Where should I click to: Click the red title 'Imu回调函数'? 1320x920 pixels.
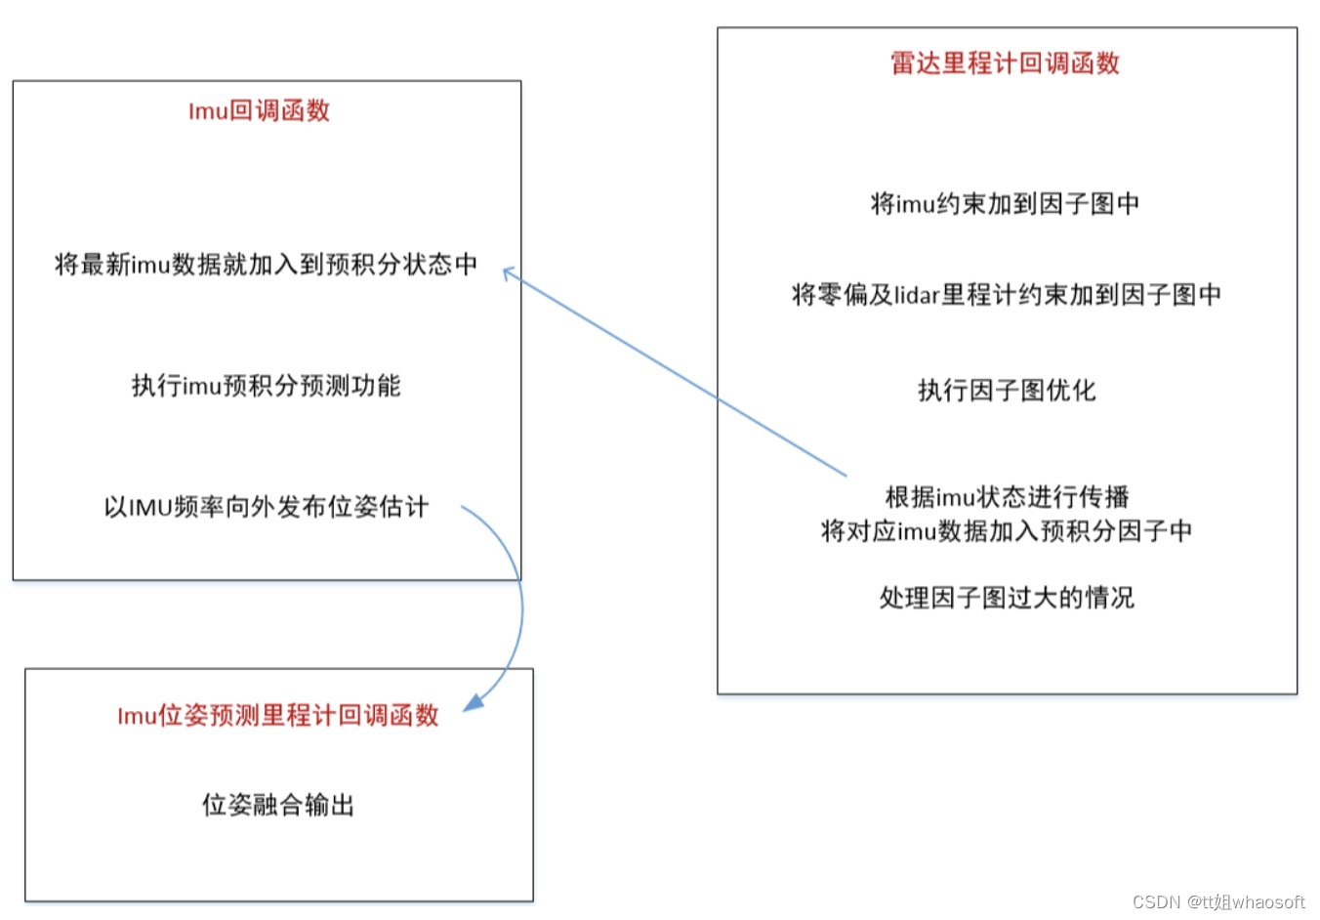coord(259,111)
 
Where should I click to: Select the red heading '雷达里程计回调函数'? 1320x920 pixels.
coord(1005,63)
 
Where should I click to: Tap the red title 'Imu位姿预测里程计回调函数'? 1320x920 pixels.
coord(278,716)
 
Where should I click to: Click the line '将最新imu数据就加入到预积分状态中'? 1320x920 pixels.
coord(266,265)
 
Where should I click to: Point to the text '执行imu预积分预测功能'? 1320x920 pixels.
coord(266,386)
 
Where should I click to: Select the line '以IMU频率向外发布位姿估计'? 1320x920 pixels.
coord(266,507)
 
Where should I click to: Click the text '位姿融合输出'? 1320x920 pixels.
coord(278,805)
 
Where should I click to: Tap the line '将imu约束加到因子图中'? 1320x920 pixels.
coord(1005,204)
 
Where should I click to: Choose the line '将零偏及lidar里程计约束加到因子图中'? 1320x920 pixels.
coord(1006,295)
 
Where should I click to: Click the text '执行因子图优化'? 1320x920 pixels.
coord(1006,391)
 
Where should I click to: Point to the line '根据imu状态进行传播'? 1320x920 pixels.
coord(1007,497)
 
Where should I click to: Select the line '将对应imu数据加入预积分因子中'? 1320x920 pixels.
coord(1007,531)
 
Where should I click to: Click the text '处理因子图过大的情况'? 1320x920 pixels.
coord(1007,598)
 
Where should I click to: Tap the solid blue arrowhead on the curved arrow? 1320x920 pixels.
coord(474,702)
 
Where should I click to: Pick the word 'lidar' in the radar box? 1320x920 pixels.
coord(917,295)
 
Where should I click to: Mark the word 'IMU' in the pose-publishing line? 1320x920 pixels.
coord(150,508)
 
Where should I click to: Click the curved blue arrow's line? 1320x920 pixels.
coord(520,606)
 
